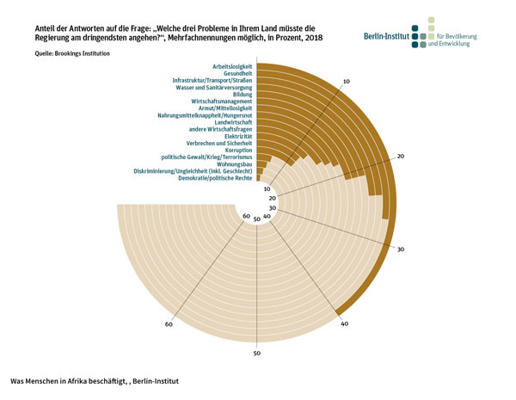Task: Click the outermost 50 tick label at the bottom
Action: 256,354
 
